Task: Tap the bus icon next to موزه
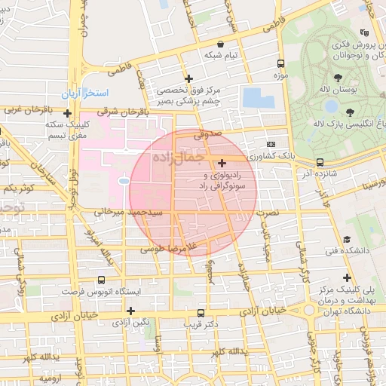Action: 281,64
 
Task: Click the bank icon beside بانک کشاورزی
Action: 271,144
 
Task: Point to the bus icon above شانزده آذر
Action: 320,162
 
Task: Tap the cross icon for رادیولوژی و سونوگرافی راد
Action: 221,163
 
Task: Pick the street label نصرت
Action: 267,214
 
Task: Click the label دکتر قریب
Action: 200,324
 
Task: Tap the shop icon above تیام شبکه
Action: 220,44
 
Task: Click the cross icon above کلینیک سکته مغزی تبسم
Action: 67,113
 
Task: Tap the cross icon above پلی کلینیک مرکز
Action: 346,277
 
